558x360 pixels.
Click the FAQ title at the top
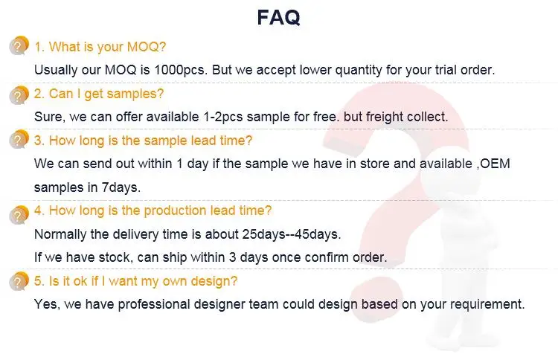point(279,18)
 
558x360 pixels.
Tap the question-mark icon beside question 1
point(19,45)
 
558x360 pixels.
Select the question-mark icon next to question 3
point(19,139)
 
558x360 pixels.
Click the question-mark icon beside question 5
point(19,281)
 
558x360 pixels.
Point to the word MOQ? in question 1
point(147,47)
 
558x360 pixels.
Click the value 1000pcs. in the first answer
point(181,70)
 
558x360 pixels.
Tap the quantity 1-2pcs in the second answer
point(223,117)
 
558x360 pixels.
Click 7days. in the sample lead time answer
point(121,187)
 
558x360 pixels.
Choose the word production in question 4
point(175,210)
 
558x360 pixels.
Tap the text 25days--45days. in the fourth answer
point(292,234)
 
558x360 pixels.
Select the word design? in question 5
point(214,281)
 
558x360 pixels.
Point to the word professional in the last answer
point(154,304)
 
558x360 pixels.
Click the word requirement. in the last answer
point(487,304)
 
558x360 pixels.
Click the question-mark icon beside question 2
point(19,95)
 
